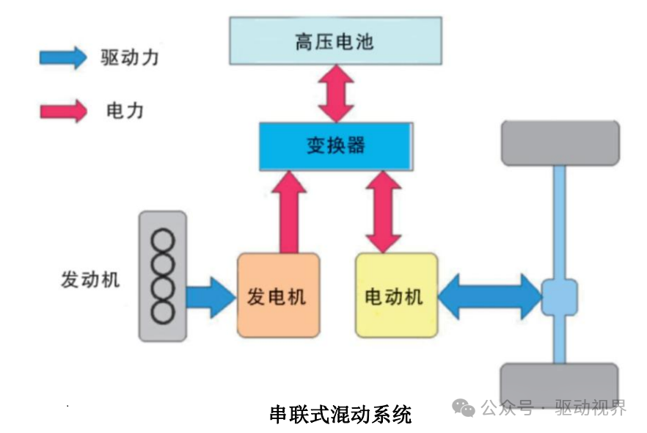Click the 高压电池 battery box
[335, 41]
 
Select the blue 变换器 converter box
[335, 145]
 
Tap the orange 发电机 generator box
[278, 295]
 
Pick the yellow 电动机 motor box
[396, 295]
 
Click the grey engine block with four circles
[163, 276]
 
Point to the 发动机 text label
[90, 280]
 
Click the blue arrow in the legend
[63, 57]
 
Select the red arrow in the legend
[63, 111]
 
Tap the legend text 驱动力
[129, 57]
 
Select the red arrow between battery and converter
[336, 92]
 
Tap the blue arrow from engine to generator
[210, 296]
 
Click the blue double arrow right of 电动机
[489, 296]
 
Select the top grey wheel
[560, 143]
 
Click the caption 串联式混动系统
[340, 414]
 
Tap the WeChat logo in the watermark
[464, 408]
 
